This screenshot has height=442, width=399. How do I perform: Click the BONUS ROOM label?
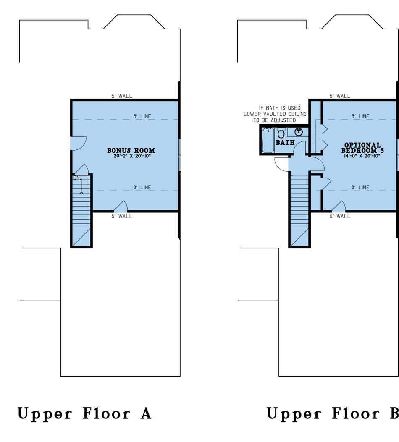click(131, 150)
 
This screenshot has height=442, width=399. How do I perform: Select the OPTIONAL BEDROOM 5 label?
click(362, 148)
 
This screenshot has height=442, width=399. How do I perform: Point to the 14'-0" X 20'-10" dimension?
click(362, 156)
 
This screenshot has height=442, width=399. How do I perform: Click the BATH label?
click(285, 143)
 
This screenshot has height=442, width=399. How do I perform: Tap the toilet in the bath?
click(281, 133)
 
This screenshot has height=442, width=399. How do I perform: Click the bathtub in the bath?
click(268, 140)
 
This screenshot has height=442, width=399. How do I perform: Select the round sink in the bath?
click(299, 132)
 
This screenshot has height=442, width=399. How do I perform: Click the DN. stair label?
click(77, 178)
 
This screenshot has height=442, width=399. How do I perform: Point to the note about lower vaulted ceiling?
click(275, 114)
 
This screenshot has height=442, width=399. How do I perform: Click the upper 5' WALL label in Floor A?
click(122, 96)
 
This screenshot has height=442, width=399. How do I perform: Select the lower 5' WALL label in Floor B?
click(340, 217)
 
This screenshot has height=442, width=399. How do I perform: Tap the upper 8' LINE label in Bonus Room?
click(142, 116)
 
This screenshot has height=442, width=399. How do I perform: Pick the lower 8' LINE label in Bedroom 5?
click(360, 188)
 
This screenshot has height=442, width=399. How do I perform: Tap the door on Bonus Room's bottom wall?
click(121, 207)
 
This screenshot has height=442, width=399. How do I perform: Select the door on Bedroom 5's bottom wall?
click(339, 207)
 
